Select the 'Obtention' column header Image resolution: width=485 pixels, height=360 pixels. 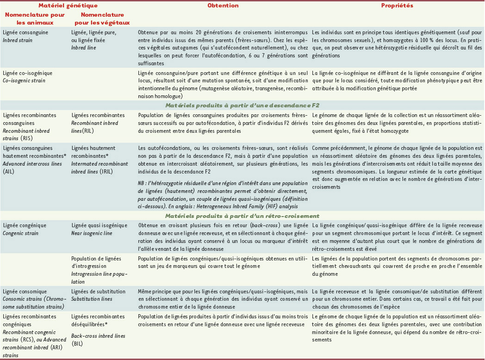click(x=223, y=6)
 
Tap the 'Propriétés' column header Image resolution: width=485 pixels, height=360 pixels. click(x=397, y=6)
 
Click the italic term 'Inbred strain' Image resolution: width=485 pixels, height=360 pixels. click(x=19, y=40)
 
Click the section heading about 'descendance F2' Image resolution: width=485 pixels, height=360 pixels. click(x=242, y=105)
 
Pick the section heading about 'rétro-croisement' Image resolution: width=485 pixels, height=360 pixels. click(x=242, y=216)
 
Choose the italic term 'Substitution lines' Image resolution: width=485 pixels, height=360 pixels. click(x=92, y=298)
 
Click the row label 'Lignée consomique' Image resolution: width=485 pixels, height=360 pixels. click(x=25, y=292)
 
